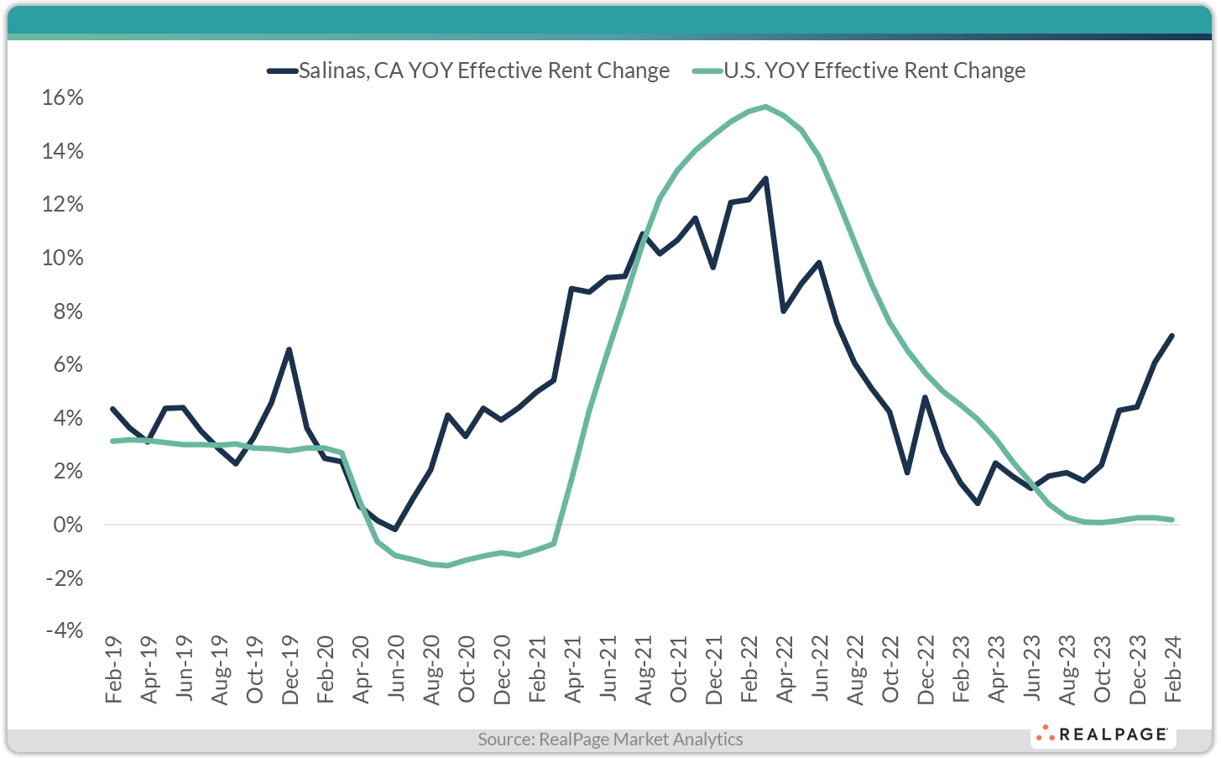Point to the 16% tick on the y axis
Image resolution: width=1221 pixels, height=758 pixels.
63,98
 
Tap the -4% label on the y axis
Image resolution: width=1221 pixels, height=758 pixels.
63,630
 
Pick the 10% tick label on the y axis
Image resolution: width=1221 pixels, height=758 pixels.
63,258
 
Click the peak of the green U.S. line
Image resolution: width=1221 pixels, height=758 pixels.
765,107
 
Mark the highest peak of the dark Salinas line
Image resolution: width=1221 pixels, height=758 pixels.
765,178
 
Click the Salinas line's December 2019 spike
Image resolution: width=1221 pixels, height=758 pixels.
289,349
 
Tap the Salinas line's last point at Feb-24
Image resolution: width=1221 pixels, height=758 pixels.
1172,336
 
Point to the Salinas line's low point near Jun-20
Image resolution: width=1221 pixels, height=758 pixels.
395,530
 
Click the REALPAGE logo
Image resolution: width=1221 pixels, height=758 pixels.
1103,734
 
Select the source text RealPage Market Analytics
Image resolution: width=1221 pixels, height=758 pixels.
610,740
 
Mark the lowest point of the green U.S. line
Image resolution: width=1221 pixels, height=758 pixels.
448,566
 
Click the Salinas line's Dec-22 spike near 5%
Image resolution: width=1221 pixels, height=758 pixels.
925,397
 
